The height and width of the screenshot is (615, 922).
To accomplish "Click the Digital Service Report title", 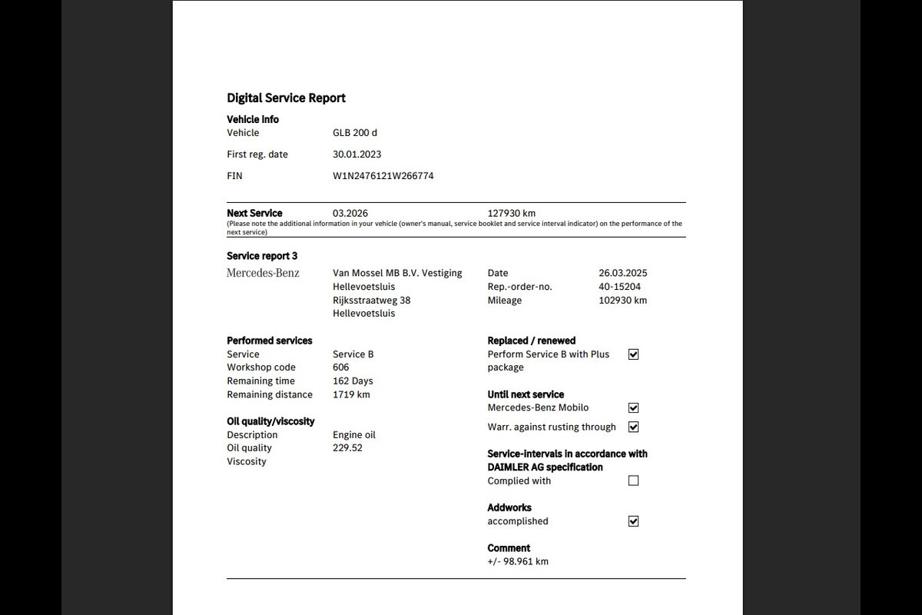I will [286, 98].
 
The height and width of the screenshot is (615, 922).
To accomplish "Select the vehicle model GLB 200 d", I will [354, 133].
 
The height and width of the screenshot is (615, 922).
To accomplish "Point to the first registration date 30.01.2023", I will [357, 155].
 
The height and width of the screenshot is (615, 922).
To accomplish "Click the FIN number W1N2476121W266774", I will [383, 176].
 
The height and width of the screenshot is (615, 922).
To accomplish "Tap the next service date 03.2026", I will [350, 213].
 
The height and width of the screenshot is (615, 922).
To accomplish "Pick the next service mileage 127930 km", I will [511, 213].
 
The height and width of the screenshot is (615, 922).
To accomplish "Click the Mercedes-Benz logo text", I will [263, 273].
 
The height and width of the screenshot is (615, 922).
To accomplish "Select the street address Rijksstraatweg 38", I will [371, 301].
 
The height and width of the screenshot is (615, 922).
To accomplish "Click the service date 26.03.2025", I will [622, 273].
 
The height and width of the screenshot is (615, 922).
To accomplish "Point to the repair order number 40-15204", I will [619, 287].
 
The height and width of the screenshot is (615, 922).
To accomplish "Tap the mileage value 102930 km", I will [622, 301].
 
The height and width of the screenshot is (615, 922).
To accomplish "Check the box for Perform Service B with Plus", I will [633, 354].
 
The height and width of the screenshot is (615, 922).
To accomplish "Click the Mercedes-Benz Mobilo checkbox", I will [633, 408].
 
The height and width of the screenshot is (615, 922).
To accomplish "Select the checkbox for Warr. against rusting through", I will [633, 427].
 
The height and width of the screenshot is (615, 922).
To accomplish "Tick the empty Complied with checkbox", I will [633, 480].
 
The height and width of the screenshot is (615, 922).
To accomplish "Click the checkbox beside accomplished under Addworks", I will [633, 521].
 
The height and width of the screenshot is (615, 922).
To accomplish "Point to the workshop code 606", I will [340, 367].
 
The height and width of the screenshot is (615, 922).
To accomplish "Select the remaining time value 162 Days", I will [353, 381].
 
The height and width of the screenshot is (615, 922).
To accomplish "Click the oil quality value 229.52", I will [347, 448].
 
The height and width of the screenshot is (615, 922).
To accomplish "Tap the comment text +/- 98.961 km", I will [518, 561].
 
